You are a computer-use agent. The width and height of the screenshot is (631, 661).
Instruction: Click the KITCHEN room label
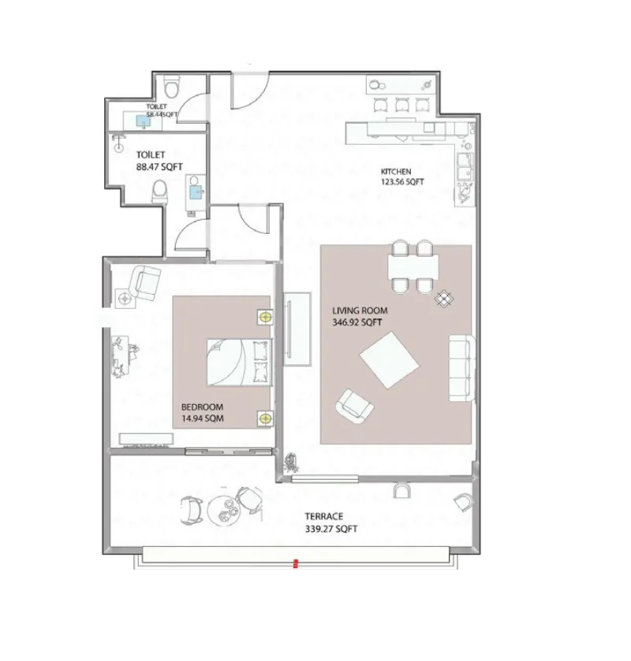[395, 172]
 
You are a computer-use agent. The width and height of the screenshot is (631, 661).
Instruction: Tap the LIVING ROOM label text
[360, 310]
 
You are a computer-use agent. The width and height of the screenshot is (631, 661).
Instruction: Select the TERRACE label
[323, 516]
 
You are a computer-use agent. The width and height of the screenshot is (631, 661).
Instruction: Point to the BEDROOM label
[202, 407]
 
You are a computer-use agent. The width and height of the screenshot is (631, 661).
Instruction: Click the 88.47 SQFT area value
[159, 166]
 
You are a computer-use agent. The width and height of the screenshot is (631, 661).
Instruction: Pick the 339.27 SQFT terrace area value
[331, 529]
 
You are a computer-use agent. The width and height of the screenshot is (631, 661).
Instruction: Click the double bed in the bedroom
[239, 362]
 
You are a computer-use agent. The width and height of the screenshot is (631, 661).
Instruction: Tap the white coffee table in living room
[389, 360]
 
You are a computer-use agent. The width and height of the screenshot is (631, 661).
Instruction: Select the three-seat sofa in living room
[461, 368]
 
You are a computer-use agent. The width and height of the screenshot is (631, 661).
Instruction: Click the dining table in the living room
[413, 267]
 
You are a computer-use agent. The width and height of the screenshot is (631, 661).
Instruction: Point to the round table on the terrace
[223, 509]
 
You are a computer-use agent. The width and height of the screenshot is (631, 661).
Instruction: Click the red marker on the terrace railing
[296, 563]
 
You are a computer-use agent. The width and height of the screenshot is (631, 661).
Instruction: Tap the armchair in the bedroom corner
[145, 283]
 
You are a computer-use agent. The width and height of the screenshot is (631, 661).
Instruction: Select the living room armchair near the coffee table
[354, 406]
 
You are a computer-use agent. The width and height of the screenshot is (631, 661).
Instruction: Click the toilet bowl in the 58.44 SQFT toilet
[171, 87]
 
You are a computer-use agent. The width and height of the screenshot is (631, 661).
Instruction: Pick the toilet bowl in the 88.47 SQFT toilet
[159, 191]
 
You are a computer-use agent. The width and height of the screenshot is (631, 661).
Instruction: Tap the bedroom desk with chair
[123, 356]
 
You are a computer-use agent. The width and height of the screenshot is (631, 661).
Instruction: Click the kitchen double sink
[465, 166]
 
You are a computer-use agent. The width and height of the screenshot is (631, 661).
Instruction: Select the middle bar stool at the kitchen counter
[401, 105]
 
